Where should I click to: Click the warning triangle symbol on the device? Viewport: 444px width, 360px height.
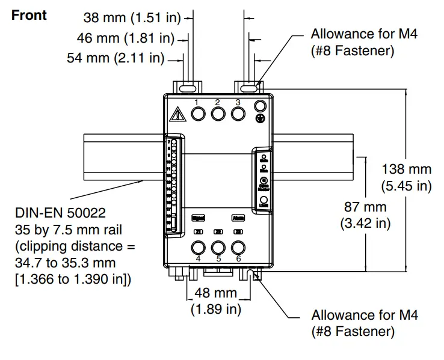(x=177, y=114)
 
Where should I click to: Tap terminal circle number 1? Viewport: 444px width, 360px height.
(x=197, y=114)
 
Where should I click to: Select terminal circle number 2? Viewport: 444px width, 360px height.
(x=217, y=114)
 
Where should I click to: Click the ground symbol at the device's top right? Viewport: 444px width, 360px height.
(x=260, y=119)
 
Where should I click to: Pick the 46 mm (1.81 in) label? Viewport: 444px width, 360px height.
(x=125, y=39)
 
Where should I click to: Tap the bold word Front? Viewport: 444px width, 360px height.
(x=29, y=15)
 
